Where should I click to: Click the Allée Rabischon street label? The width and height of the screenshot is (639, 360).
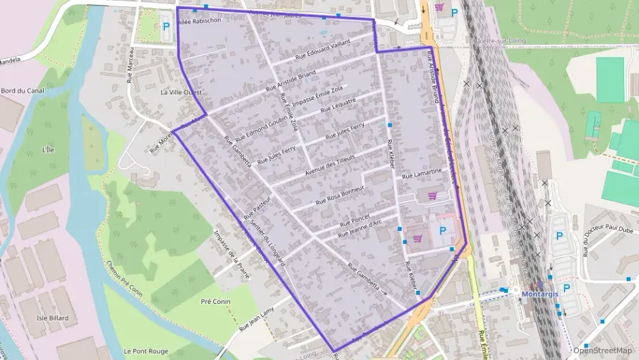[x=199, y=21]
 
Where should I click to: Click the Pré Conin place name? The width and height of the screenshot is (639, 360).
[x=215, y=301]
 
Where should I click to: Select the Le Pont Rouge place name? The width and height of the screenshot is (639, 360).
[x=141, y=351]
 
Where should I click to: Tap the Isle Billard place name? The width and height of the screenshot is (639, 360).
[x=51, y=318]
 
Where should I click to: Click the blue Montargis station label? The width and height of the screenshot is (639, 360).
[x=540, y=294]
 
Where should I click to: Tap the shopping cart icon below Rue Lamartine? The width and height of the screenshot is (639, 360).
[x=431, y=195]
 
